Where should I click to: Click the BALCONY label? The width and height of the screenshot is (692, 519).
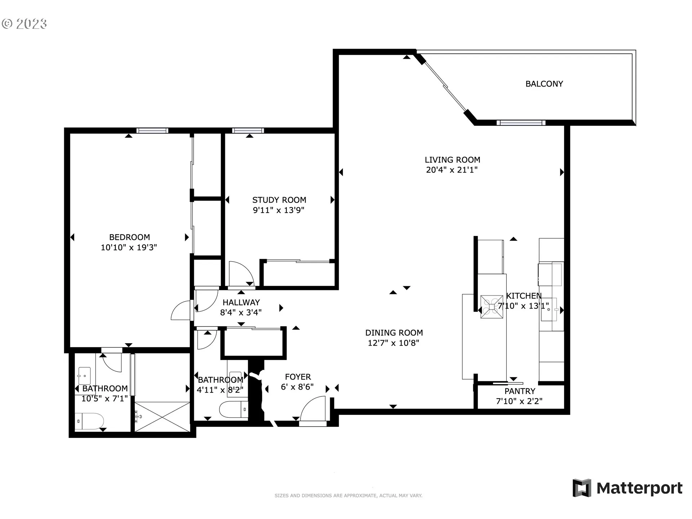pyautogui.click(x=544, y=84)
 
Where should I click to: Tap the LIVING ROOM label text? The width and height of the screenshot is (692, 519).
pyautogui.click(x=452, y=160)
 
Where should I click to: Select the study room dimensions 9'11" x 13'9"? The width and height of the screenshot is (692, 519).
pyautogui.click(x=279, y=210)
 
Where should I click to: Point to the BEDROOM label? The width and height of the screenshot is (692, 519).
pyautogui.click(x=129, y=237)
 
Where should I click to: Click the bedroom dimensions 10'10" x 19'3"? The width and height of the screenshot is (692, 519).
pyautogui.click(x=129, y=247)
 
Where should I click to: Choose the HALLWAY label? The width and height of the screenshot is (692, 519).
pyautogui.click(x=241, y=302)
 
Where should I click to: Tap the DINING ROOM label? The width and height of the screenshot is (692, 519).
pyautogui.click(x=394, y=333)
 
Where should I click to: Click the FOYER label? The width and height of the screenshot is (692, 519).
pyautogui.click(x=298, y=377)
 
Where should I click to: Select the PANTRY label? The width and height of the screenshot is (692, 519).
pyautogui.click(x=520, y=391)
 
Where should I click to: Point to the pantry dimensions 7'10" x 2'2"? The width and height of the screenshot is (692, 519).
pyautogui.click(x=519, y=401)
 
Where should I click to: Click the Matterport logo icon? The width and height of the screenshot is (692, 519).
pyautogui.click(x=582, y=488)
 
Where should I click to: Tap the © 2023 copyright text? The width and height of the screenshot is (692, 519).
pyautogui.click(x=24, y=24)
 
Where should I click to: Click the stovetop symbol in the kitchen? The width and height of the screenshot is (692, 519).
pyautogui.click(x=492, y=307)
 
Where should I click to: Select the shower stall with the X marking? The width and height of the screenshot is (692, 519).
pyautogui.click(x=162, y=416)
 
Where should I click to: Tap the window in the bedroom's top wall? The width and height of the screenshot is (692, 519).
pyautogui.click(x=152, y=130)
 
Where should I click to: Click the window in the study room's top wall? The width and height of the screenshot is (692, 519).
pyautogui.click(x=248, y=130)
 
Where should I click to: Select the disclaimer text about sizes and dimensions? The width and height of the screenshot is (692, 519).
pyautogui.click(x=349, y=496)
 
